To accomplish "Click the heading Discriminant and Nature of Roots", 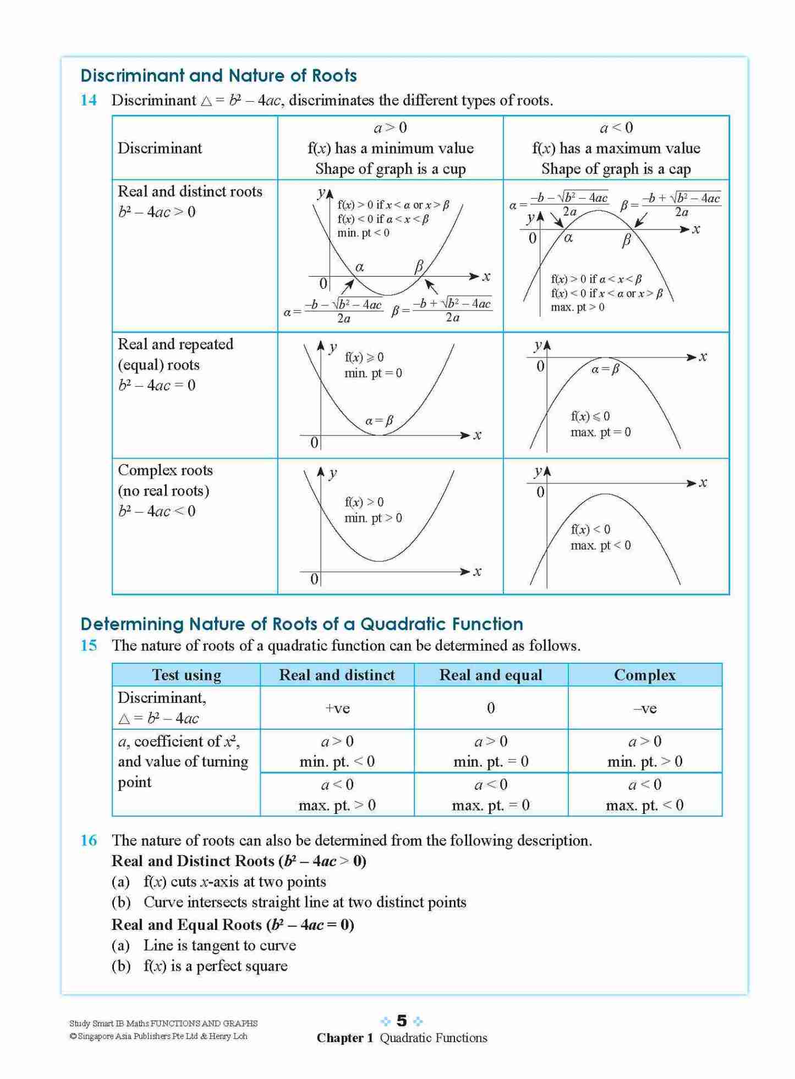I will coord(218,75).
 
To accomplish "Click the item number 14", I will coord(89,100).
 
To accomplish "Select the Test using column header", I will coord(187,675).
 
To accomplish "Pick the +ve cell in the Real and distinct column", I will coord(337,708).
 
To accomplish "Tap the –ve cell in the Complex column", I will coord(644,708).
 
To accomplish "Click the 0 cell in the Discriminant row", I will coord(491,708).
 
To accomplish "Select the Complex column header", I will coord(644,675).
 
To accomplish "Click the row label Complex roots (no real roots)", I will coord(165,480).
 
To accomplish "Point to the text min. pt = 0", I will coord(373,373).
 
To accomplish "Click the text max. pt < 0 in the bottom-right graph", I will coord(600,546).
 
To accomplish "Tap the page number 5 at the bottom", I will coord(402,1021).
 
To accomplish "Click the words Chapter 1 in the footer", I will coord(344,1038).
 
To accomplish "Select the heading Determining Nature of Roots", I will coord(301,624).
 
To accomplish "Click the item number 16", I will coord(89,840).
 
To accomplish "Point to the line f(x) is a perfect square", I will coord(215,966).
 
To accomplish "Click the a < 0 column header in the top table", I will coord(616,128).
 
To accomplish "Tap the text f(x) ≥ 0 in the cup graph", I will coord(364,357).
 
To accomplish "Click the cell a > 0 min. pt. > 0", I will coord(644,751).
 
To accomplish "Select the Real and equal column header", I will coord(491,675).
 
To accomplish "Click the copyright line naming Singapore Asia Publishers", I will coord(158,1036).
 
